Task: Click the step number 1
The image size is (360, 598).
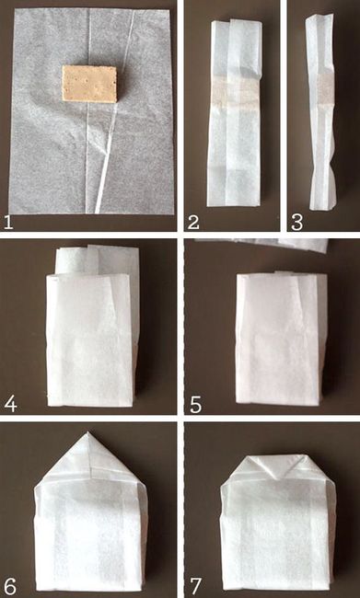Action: pyautogui.click(x=8, y=223)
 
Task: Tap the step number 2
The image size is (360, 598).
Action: pyautogui.click(x=192, y=223)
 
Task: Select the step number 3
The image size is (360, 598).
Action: pyautogui.click(x=296, y=223)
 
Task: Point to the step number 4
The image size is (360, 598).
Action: pyautogui.click(x=11, y=404)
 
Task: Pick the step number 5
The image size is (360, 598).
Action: pyautogui.click(x=195, y=405)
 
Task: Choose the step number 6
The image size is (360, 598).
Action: pyautogui.click(x=11, y=585)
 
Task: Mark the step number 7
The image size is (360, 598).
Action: pyautogui.click(x=196, y=585)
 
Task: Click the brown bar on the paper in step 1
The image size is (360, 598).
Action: pyautogui.click(x=89, y=84)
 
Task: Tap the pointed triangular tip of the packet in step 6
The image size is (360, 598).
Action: pyautogui.click(x=88, y=432)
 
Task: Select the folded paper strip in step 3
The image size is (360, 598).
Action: pyautogui.click(x=319, y=111)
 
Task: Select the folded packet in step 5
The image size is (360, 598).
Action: pyautogui.click(x=282, y=338)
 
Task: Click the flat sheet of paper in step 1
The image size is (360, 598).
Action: pyautogui.click(x=91, y=110)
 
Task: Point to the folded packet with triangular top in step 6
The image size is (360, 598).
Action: pyautogui.click(x=90, y=511)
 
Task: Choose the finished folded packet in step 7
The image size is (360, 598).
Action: pyautogui.click(x=278, y=522)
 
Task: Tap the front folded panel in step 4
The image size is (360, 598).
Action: pyautogui.click(x=90, y=339)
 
